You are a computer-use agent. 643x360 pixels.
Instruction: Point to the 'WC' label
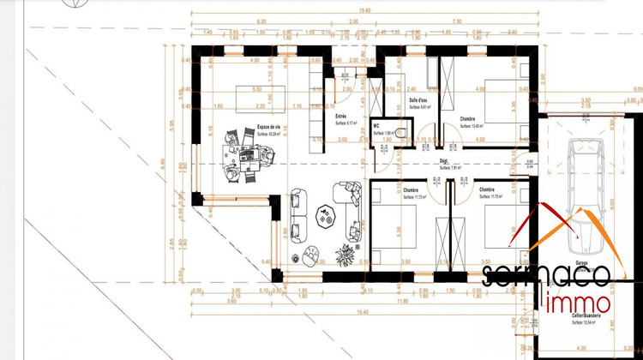point(377,126)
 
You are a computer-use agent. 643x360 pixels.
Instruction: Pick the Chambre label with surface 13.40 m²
point(468,118)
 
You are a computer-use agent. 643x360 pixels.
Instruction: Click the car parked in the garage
point(588,184)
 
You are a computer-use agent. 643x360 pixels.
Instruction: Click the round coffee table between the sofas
point(324,216)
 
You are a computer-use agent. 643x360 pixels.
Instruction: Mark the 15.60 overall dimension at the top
point(341,9)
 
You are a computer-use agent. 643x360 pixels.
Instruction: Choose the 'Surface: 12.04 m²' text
point(590,322)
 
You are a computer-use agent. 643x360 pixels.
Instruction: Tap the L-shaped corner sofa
point(350,197)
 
